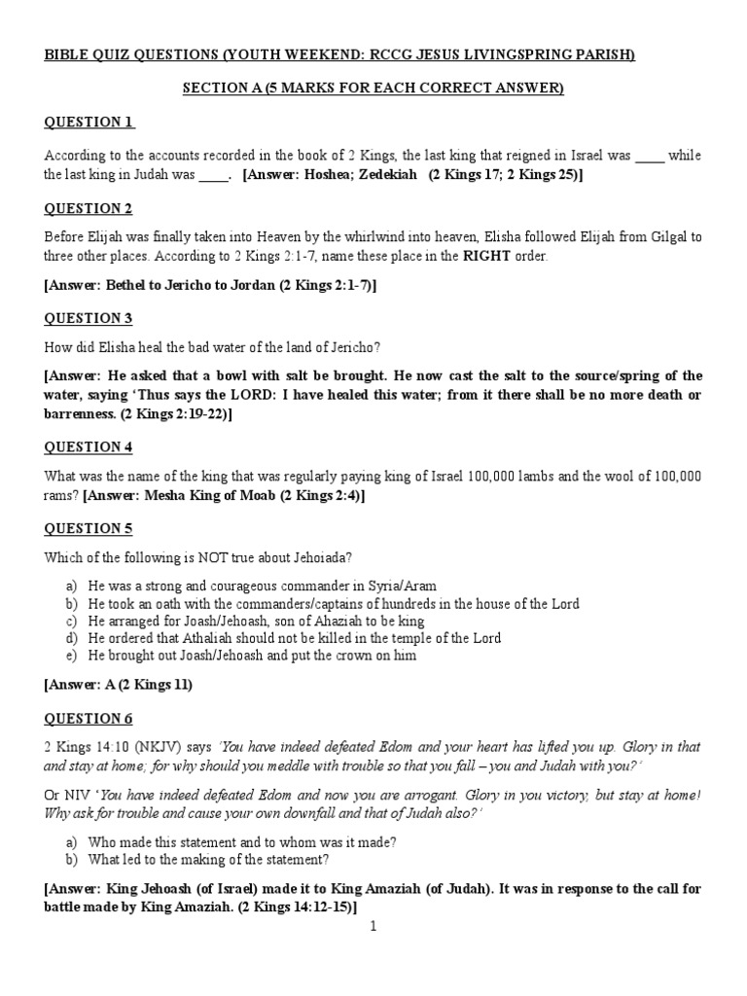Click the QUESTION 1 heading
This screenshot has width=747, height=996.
tap(89, 122)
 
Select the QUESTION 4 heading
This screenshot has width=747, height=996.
tap(89, 446)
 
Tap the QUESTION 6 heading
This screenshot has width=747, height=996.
tap(89, 718)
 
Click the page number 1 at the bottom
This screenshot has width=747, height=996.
tap(373, 926)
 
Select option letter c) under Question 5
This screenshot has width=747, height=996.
tap(71, 621)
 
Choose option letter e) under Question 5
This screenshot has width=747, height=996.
tap(71, 656)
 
